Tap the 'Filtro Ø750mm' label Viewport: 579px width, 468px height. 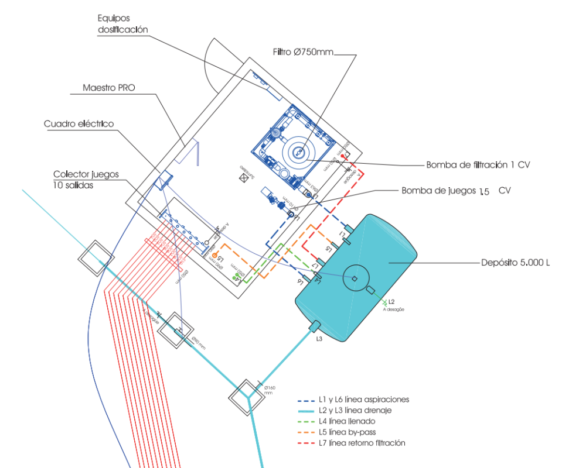[303, 52]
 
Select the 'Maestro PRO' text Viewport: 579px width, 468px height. [109, 88]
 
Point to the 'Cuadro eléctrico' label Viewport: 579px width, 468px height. [79, 124]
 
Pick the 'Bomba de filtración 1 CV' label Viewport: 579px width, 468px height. [478, 165]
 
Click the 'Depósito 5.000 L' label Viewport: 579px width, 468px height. [515, 263]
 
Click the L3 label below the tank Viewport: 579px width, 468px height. [319, 339]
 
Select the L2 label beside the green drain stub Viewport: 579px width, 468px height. [391, 301]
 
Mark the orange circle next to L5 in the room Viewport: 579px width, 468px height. [214, 256]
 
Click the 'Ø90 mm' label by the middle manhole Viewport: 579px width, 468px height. [198, 343]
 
